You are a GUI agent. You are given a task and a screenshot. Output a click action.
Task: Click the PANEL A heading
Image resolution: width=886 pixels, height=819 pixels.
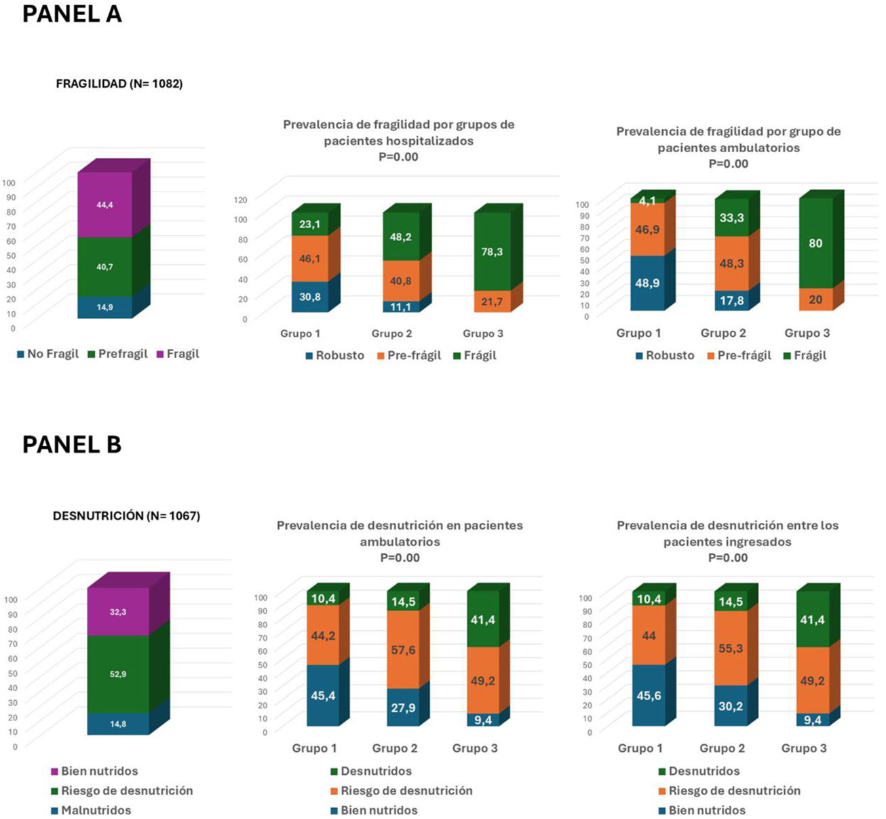coord(72,14)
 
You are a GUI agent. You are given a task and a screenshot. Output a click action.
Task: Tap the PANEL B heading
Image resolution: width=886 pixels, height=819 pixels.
coord(72,445)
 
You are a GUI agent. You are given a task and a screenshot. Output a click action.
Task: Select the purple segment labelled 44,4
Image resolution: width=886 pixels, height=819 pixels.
coord(104,204)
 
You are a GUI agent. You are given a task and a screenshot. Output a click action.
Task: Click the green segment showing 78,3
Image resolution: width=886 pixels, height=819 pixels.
coord(492,251)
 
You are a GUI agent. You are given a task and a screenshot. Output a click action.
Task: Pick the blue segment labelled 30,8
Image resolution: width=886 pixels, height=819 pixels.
coord(310,297)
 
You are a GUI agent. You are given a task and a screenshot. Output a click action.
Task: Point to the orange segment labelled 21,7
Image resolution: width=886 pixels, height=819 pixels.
coord(492,301)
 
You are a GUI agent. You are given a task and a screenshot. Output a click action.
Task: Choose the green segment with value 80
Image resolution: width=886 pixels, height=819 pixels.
coord(815,243)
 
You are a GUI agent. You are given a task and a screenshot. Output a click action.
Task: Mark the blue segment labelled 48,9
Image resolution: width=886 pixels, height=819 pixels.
coord(647,283)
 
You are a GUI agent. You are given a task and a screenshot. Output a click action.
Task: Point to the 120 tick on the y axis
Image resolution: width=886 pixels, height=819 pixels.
coord(241,200)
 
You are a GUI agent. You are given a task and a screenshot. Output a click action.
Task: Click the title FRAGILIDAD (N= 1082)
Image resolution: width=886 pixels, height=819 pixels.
coord(119,84)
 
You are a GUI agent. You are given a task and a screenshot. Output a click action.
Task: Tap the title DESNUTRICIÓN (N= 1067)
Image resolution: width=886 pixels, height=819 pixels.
coord(126,516)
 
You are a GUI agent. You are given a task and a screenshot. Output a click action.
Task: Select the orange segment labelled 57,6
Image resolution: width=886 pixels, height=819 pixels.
coord(403,650)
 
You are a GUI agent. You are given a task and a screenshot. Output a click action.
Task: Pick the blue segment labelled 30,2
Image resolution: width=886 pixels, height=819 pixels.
coord(731,706)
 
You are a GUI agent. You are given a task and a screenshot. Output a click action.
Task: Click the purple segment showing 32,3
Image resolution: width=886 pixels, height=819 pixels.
coord(118,612)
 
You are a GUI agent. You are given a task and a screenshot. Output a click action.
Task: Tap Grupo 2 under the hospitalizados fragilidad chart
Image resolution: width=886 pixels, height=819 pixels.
coord(391,333)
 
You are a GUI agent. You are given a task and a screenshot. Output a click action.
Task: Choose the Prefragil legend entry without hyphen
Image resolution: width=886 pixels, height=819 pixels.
coord(117,354)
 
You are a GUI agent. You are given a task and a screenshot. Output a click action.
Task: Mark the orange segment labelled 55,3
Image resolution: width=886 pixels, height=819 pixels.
coord(731,649)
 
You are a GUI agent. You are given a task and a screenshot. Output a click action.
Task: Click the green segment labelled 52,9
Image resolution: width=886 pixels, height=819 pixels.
coord(118,674)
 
